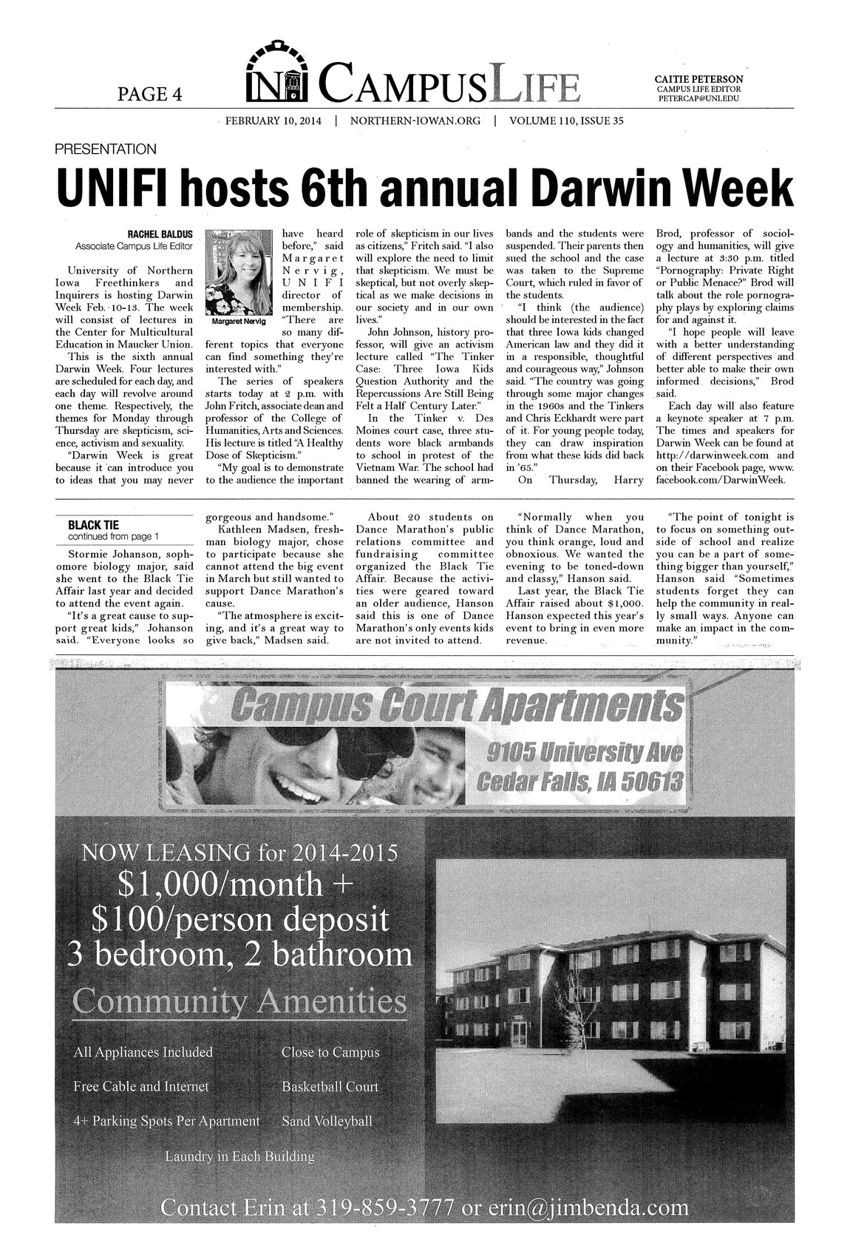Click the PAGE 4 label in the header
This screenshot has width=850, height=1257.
[149, 93]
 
